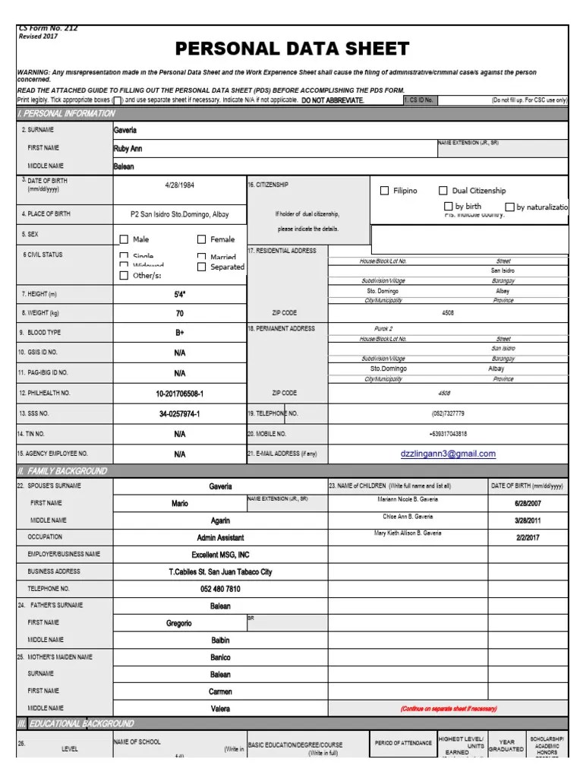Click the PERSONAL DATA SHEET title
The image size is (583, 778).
coord(292,50)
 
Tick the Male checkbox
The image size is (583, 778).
coord(124,239)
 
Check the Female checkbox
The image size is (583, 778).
coord(202,239)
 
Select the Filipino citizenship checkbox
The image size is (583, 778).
coord(384,191)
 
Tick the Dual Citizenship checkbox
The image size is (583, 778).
coord(443,191)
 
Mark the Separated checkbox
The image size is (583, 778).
coord(202,267)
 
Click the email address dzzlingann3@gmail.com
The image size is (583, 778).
coord(448,454)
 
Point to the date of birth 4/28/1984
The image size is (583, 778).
coord(180,185)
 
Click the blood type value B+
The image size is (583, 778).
coord(180,333)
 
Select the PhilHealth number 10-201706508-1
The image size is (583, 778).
coord(180,394)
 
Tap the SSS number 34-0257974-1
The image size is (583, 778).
coord(180,414)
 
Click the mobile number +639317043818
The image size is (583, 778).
coord(448,434)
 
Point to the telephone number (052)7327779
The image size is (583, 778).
coord(448,414)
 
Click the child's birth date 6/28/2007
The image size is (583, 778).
coord(528,503)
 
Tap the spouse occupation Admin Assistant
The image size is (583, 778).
coord(220,538)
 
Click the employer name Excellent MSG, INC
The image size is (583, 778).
coord(220,555)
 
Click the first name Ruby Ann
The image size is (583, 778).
coord(128,149)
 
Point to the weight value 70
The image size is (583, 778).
coord(180,313)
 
